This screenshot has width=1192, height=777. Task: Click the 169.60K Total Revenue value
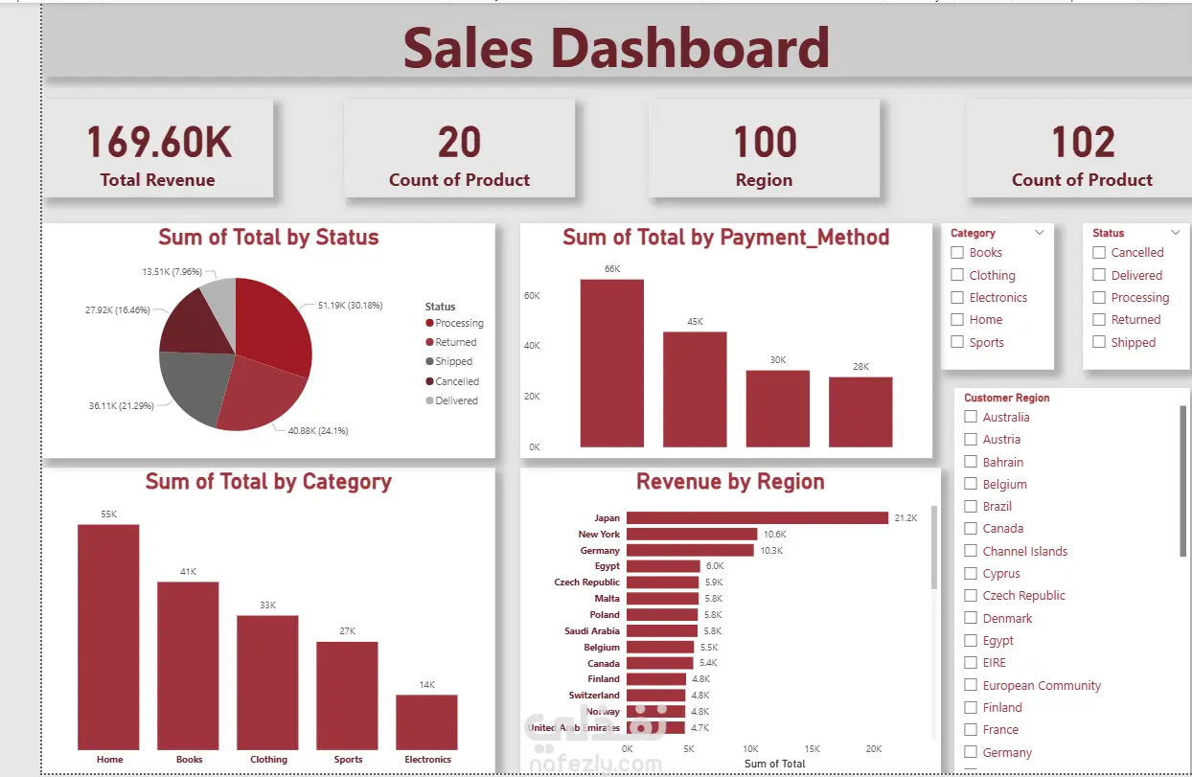coord(158,142)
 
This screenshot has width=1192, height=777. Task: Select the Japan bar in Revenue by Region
coord(757,517)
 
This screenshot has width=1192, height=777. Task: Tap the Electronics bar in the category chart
coord(426,722)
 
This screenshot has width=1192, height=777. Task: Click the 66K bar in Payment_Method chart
coord(612,363)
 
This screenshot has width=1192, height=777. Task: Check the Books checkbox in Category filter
coord(957,252)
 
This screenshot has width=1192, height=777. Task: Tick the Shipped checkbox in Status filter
coord(1099,342)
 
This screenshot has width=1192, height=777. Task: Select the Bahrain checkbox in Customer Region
coord(971,462)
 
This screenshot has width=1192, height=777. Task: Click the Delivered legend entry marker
coord(429,400)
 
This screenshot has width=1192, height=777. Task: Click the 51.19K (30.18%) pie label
coord(350,305)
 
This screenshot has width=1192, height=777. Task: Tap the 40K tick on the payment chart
coord(532,346)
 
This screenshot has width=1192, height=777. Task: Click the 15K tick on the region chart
coord(812,749)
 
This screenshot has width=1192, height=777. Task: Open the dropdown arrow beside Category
coord(1040,233)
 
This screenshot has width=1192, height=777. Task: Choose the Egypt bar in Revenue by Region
coord(663,565)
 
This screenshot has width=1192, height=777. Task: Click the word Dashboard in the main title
coord(690,48)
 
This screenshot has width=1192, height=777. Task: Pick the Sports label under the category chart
coord(348,760)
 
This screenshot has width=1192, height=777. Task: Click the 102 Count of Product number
coord(1083,142)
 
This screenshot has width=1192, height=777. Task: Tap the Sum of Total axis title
coord(774,764)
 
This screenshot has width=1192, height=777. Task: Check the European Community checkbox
coord(971,685)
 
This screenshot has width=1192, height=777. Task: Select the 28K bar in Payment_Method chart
coord(860,412)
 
